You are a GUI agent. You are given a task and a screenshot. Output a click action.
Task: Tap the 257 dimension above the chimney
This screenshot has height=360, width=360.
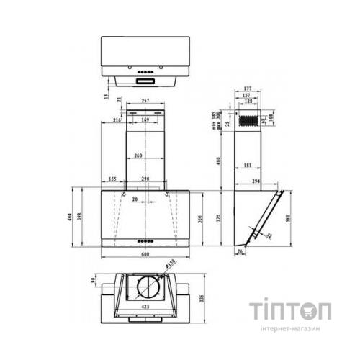(146, 102)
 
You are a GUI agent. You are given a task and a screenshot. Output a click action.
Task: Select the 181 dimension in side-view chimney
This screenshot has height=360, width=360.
(248, 166)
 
